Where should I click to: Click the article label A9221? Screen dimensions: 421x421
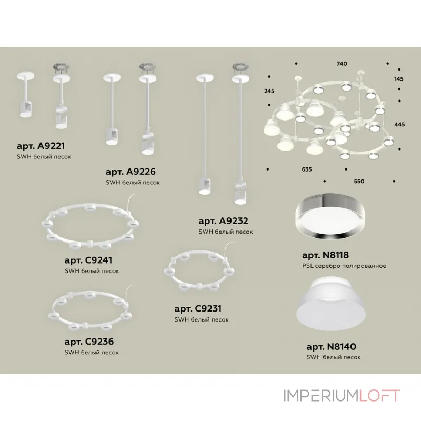[x=41, y=146]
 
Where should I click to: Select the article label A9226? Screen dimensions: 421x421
[x=131, y=172]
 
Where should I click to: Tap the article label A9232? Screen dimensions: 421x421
[x=223, y=221]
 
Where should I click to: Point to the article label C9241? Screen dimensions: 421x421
[x=88, y=260]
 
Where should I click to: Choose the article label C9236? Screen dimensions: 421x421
[x=89, y=342]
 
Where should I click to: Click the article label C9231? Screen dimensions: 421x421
[x=198, y=309]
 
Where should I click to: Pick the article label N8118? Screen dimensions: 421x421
[x=325, y=255]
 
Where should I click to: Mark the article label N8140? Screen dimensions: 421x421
[x=332, y=347]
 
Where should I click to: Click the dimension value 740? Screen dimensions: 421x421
[x=342, y=64]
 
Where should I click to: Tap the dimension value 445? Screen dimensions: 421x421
[x=399, y=124]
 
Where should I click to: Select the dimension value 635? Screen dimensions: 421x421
[x=307, y=169]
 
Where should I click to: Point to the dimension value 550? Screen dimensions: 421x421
[x=359, y=181]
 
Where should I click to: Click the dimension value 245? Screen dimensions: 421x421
[x=269, y=91]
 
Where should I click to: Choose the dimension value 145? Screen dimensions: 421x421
[x=399, y=79]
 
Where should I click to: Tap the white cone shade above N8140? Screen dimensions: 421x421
[x=331, y=304]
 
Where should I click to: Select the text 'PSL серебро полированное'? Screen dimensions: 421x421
[x=344, y=266]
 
